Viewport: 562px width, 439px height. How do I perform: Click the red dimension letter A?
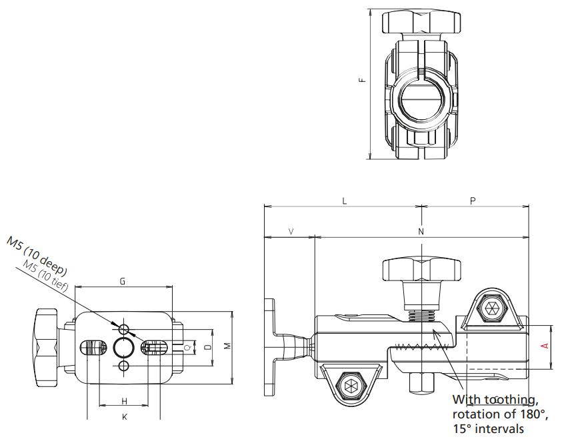click(x=544, y=346)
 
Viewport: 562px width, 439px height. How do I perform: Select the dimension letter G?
click(x=123, y=281)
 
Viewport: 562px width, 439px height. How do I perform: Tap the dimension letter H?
click(x=124, y=400)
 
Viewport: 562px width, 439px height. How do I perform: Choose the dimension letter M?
click(x=227, y=346)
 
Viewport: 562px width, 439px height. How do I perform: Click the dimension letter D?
click(x=207, y=347)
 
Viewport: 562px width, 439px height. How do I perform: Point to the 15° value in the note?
click(x=463, y=428)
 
